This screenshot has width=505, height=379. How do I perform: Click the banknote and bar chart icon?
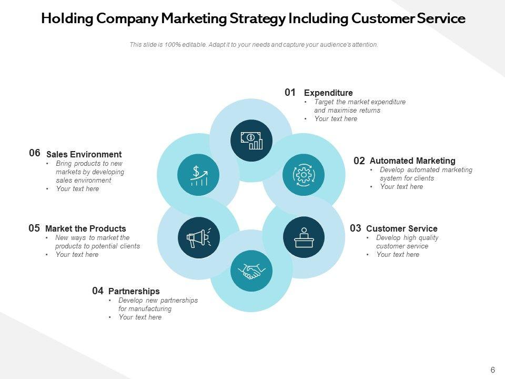(251, 140)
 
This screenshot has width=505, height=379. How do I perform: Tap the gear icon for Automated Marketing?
(304, 174)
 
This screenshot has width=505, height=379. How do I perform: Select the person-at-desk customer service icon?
(304, 237)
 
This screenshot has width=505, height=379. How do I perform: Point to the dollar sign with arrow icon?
(198, 174)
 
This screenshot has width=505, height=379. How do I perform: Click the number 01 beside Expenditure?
(290, 93)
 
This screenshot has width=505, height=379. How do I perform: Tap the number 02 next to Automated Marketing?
(359, 161)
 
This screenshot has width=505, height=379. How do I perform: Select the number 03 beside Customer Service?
(356, 228)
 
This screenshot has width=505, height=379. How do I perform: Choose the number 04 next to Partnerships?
(98, 291)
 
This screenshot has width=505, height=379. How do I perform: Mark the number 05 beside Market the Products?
(34, 228)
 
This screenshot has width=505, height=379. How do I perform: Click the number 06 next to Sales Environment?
(35, 153)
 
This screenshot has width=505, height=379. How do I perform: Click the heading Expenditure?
(328, 93)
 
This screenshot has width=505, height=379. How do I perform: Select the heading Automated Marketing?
(412, 161)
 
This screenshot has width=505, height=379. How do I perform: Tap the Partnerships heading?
(134, 291)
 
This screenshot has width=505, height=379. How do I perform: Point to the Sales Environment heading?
(84, 154)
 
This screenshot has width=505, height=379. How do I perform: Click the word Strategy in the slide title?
(258, 19)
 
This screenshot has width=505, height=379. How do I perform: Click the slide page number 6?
(493, 370)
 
